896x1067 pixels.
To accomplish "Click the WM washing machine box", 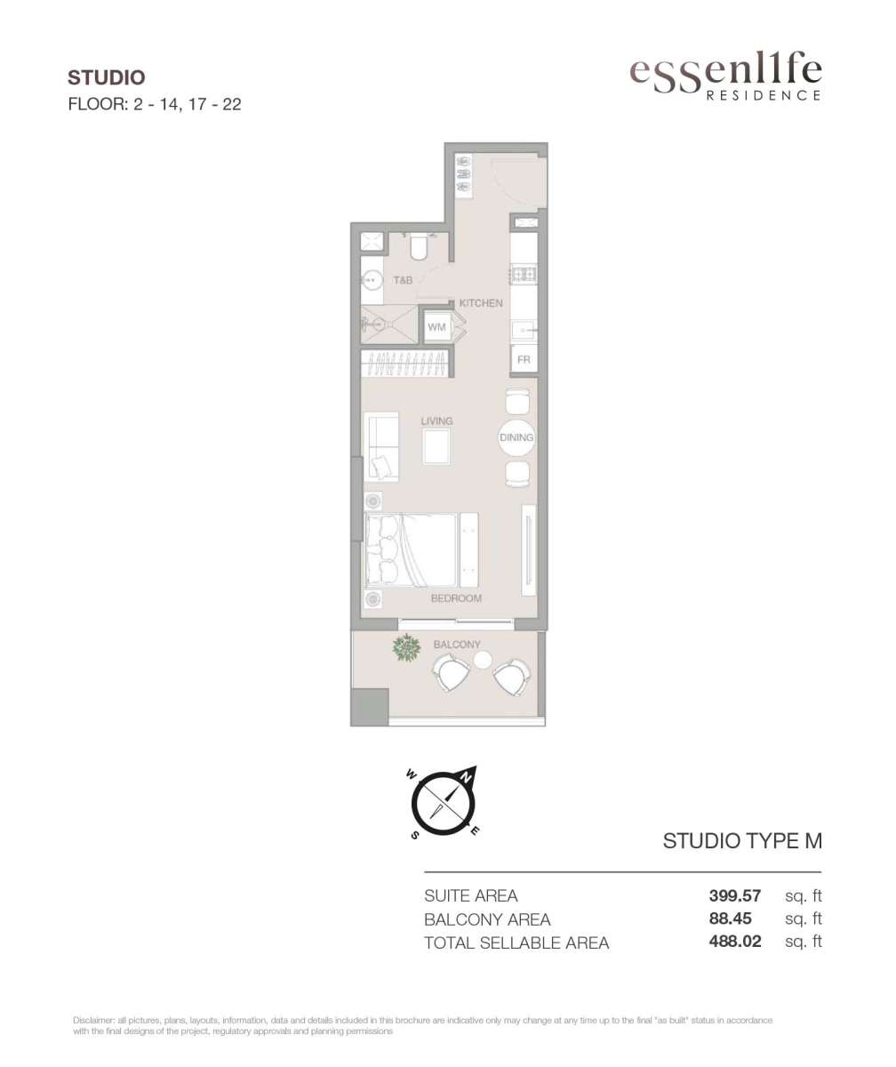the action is pyautogui.click(x=436, y=327).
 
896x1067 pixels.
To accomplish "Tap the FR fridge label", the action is pyautogui.click(x=524, y=360).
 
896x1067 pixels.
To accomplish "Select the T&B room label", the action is pyautogui.click(x=403, y=280).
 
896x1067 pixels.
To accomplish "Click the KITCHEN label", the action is pyautogui.click(x=481, y=303).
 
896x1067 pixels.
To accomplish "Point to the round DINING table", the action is pyautogui.click(x=516, y=437).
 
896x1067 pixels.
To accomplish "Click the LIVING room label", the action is pyautogui.click(x=436, y=421).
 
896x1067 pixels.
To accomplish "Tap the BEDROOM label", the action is pyautogui.click(x=456, y=598).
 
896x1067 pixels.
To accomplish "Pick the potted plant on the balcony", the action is pyautogui.click(x=406, y=648).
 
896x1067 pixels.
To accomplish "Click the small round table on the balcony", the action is pyautogui.click(x=483, y=661).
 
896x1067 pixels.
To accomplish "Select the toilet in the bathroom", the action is pyautogui.click(x=420, y=247).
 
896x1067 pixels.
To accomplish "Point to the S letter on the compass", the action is pyautogui.click(x=415, y=836).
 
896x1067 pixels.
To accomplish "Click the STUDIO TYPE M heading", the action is pyautogui.click(x=742, y=841).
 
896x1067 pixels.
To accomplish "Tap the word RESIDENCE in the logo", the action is pyautogui.click(x=764, y=95).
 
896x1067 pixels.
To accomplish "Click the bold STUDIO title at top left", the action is pyautogui.click(x=107, y=77).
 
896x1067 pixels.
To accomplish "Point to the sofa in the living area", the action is pyautogui.click(x=381, y=446).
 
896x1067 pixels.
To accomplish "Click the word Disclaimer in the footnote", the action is pyautogui.click(x=93, y=1021).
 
